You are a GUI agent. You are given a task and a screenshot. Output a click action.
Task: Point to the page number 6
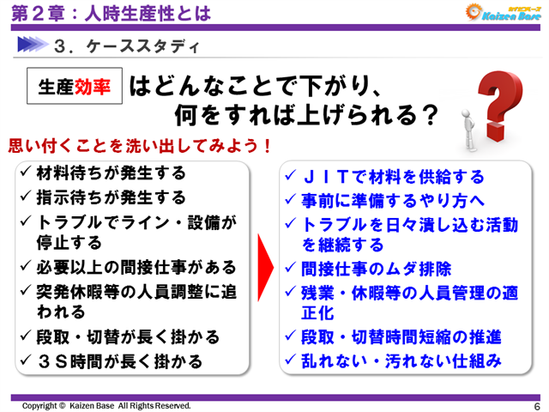click(x=536, y=405)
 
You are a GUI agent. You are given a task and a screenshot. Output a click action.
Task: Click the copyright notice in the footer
click(x=106, y=405)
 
